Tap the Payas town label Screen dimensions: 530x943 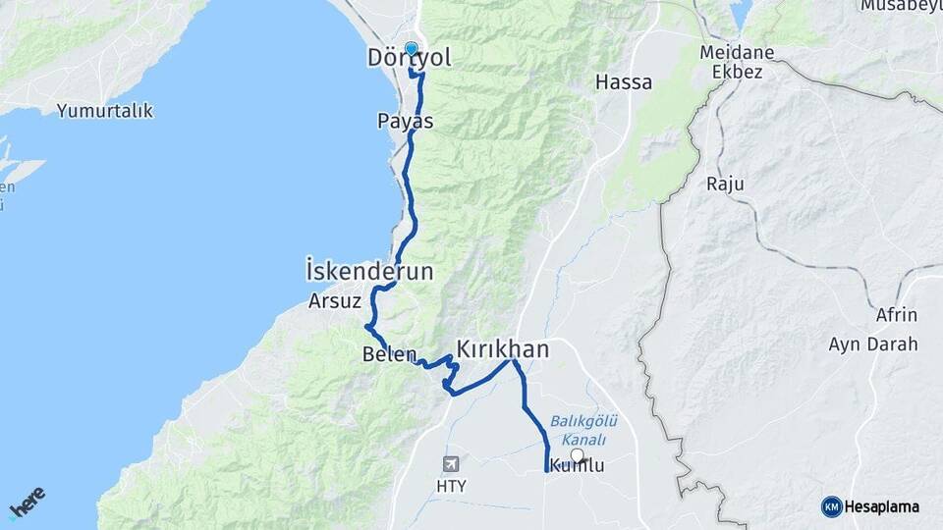405,122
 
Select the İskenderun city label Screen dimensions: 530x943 369,271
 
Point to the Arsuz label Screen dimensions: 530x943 335,300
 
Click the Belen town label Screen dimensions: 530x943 390,354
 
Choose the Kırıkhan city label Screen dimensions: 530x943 502,348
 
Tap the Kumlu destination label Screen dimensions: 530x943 578,466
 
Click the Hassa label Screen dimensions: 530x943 624,82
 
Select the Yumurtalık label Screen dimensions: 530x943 105,111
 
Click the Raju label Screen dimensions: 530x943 725,184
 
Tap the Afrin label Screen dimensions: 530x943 896,315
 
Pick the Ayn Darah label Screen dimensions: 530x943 873,344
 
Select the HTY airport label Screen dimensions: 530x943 452,486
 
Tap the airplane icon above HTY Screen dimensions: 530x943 451,464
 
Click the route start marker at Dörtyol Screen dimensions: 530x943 411,47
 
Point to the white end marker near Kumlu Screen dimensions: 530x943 577,454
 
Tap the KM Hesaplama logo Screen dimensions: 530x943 870,506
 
